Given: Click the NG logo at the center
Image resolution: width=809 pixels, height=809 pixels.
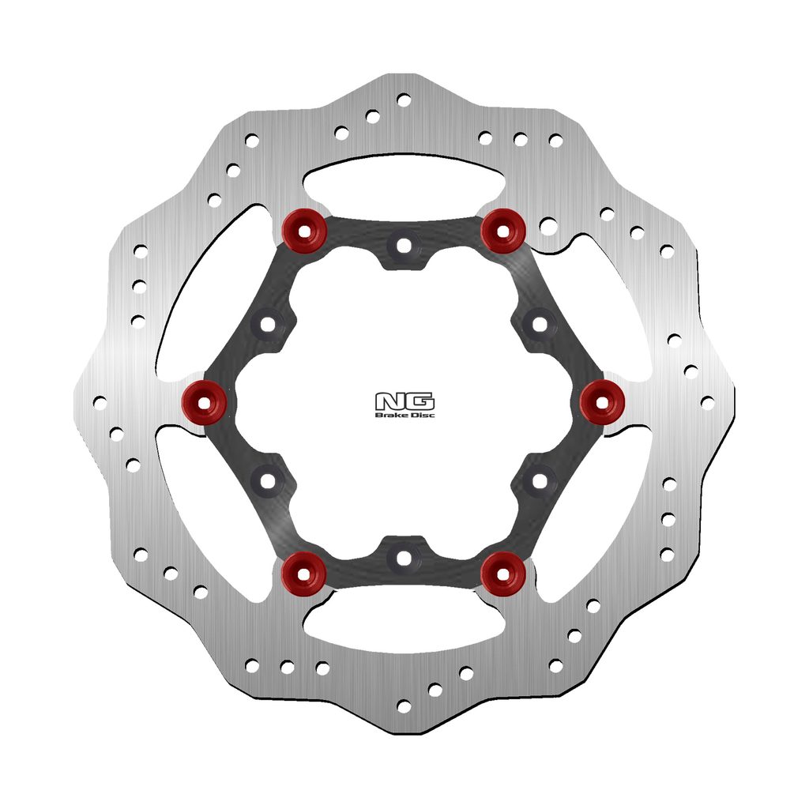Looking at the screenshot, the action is click(404, 402).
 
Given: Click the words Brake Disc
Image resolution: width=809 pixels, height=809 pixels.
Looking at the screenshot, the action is click(404, 415).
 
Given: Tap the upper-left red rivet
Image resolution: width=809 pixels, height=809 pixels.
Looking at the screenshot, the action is click(304, 231).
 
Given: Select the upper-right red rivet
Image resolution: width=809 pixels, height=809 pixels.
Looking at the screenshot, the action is click(503, 231).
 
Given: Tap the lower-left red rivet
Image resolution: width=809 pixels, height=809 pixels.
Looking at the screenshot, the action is click(304, 574).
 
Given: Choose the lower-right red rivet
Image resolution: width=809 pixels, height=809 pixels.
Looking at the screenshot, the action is click(503, 574).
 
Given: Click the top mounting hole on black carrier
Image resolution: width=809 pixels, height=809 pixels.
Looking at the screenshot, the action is click(404, 246).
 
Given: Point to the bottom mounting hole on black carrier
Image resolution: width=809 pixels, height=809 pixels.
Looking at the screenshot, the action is click(404, 558).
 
